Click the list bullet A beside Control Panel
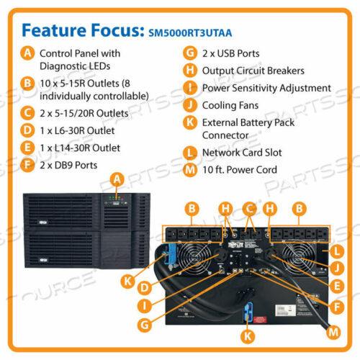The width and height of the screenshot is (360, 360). coord(27,53)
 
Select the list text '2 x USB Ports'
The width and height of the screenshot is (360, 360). coord(230,53)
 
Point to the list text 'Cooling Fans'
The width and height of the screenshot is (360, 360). coord(230,105)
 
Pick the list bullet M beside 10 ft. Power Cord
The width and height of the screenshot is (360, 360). coord(189,169)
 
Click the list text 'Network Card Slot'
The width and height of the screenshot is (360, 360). coord(241,153)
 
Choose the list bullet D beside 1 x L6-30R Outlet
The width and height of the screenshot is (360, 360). coord(27,130)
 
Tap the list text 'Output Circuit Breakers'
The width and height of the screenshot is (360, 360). coord(253,71)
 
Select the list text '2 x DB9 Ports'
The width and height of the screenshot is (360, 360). coord(71,166)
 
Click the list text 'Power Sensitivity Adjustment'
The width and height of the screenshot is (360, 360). coord(266,88)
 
